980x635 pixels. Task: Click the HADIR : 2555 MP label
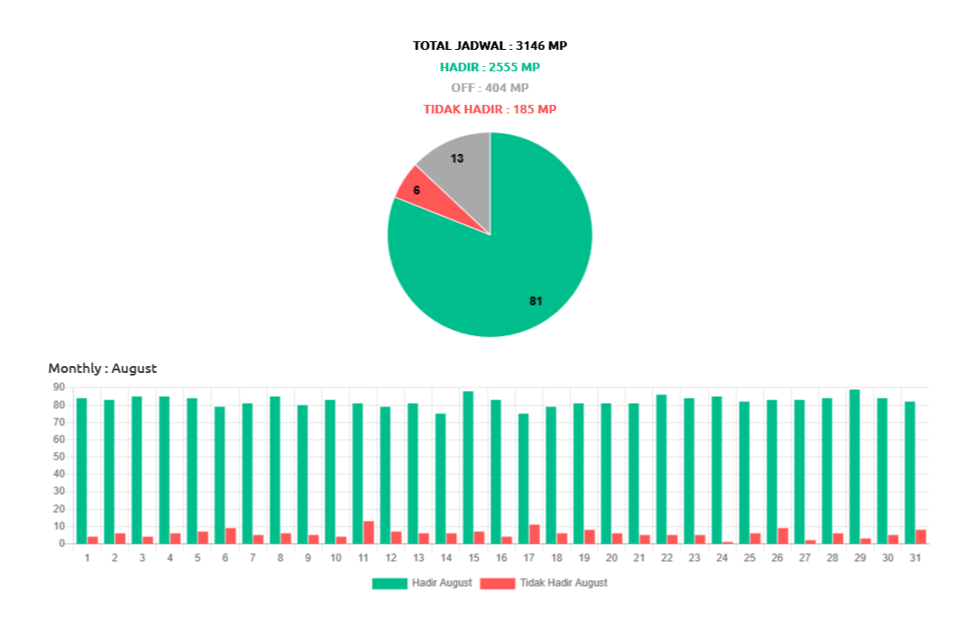point(490,67)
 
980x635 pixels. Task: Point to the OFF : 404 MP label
point(490,88)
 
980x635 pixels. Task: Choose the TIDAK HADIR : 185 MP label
point(490,109)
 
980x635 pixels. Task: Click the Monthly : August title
point(102,369)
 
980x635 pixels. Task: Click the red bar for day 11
point(369,532)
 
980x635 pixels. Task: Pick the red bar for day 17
point(535,534)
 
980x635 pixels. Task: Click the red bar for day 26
point(783,535)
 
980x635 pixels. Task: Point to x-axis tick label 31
point(916,558)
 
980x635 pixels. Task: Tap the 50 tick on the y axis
point(58,456)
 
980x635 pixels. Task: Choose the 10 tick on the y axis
point(58,526)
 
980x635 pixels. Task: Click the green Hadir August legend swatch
point(389,583)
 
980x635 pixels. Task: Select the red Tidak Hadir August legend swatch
point(497,583)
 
